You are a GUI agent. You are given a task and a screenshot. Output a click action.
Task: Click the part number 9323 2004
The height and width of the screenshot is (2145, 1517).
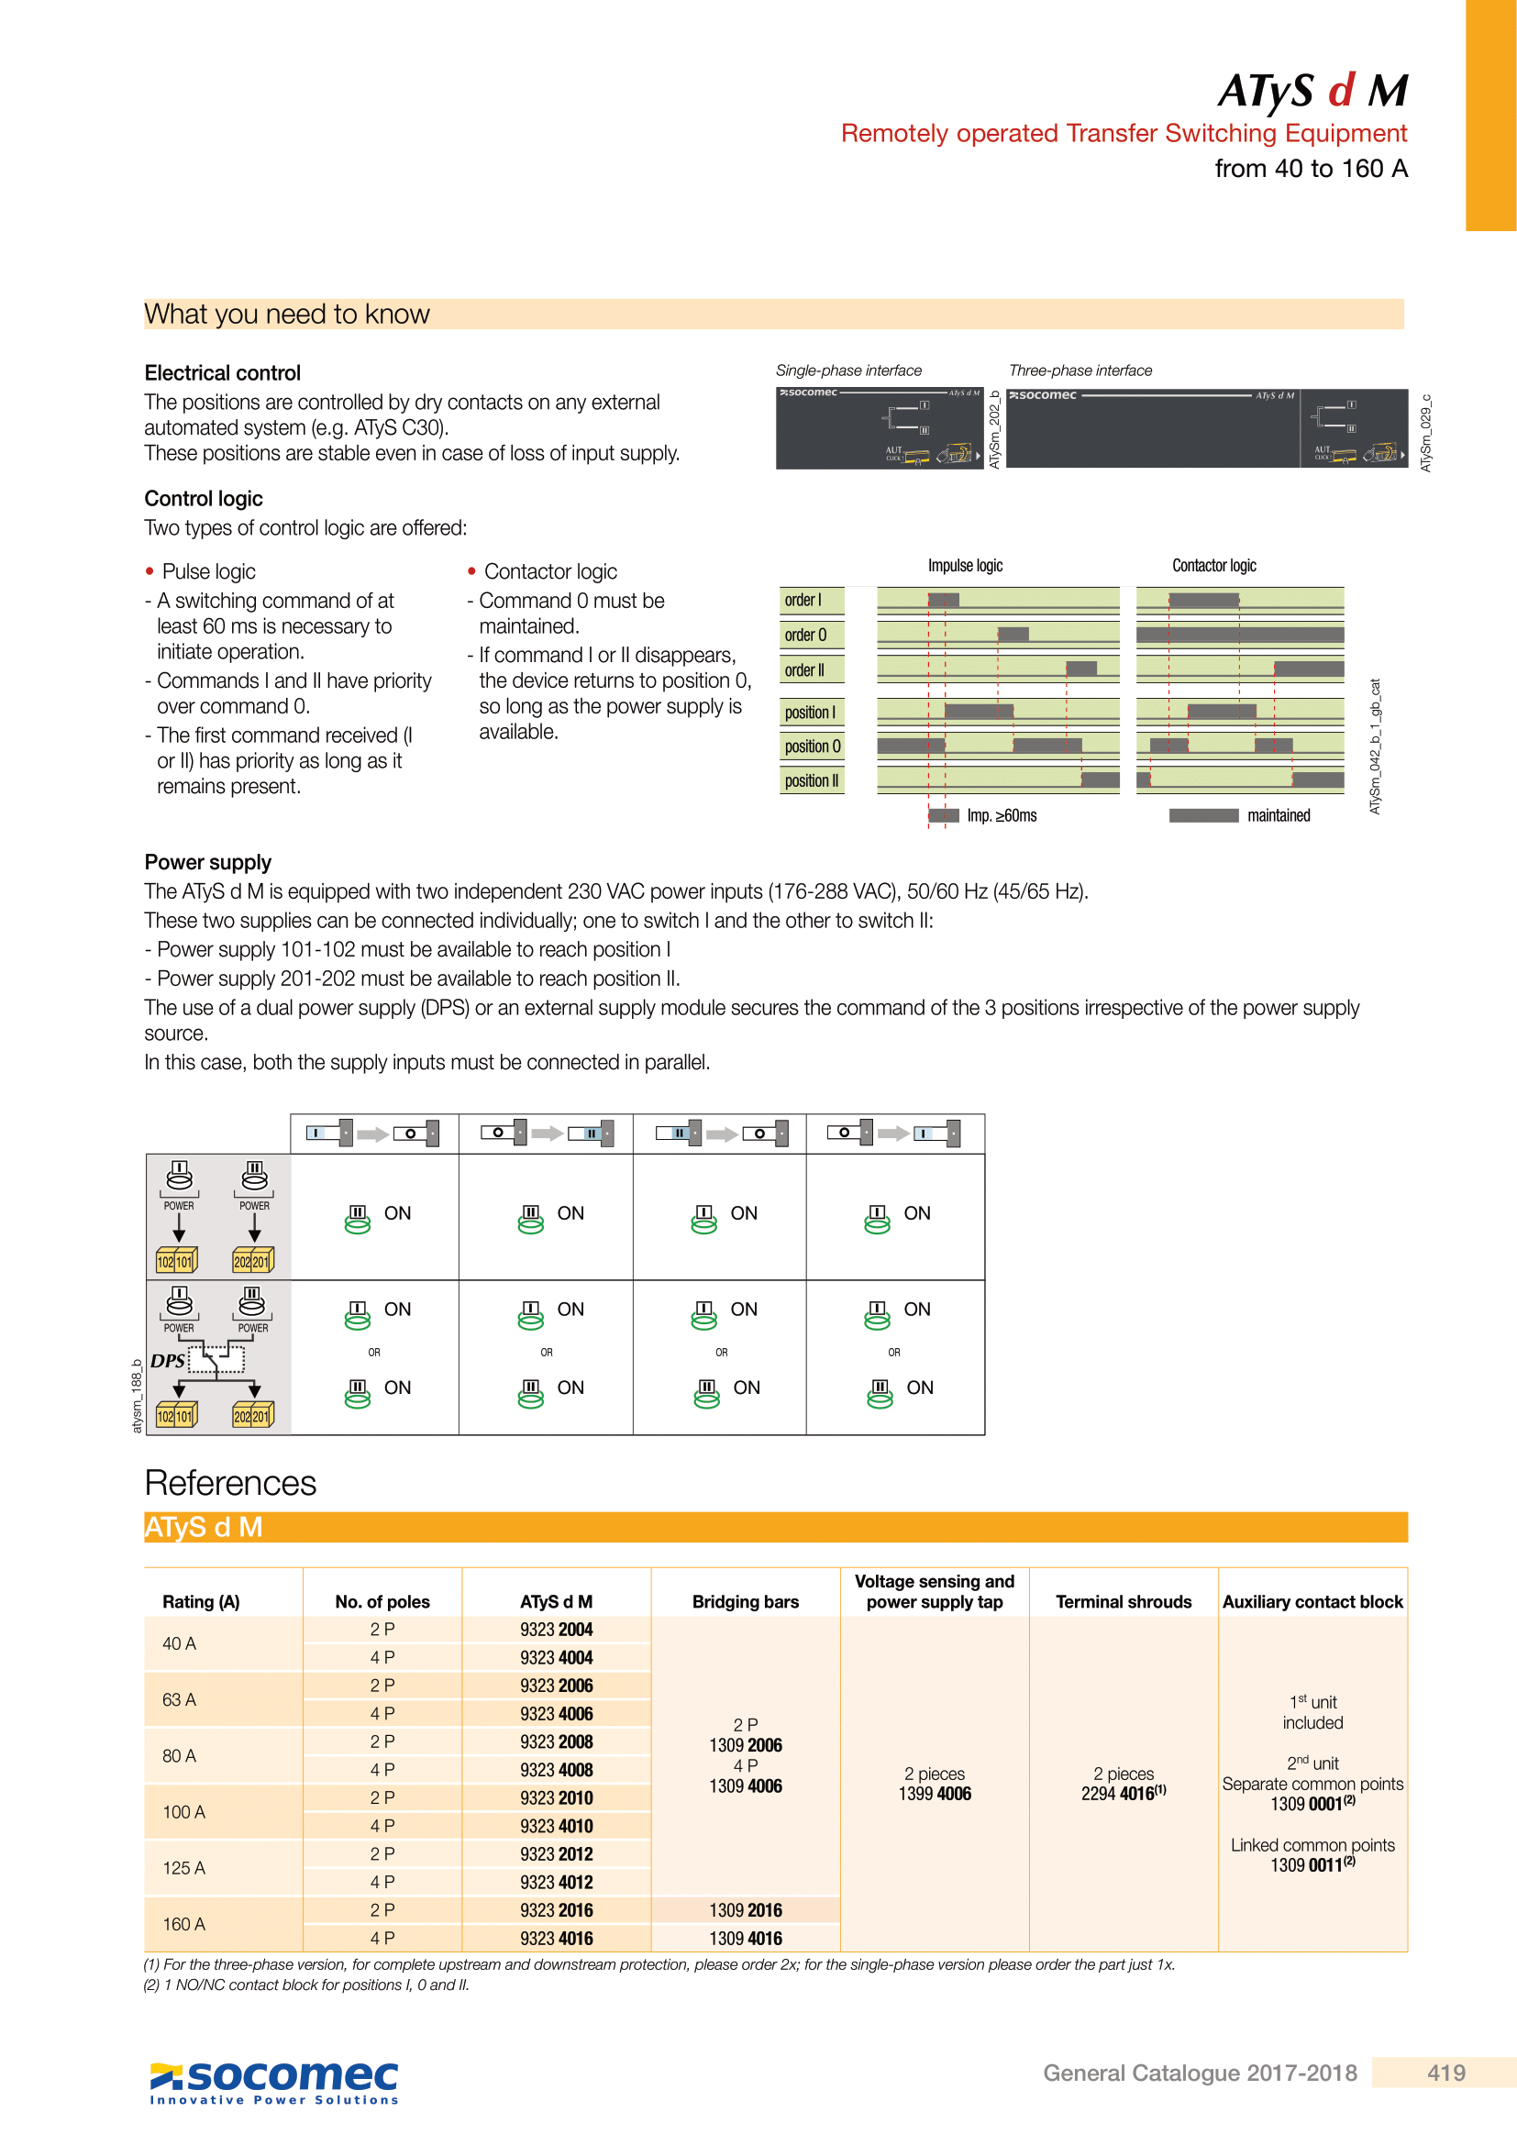pos(556,1630)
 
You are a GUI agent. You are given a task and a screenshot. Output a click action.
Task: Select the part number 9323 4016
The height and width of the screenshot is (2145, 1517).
pos(556,1939)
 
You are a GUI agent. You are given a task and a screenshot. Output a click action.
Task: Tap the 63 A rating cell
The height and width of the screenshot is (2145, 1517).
pos(180,1699)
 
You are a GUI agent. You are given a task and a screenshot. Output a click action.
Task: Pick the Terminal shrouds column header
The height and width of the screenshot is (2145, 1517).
pos(1123,1601)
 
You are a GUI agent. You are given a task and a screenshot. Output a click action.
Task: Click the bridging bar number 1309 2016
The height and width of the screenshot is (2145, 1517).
pos(746,1910)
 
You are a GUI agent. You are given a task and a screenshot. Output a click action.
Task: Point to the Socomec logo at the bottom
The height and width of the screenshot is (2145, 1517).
pos(274,2079)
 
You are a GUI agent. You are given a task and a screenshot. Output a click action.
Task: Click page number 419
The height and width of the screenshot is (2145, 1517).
pos(1445,2073)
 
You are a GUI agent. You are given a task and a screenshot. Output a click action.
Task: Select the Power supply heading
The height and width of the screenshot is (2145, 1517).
pos(207,862)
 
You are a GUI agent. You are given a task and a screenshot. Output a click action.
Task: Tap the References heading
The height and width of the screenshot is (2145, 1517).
pos(231,1483)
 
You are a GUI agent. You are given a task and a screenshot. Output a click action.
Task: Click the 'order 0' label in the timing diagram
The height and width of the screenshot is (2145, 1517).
pos(805,636)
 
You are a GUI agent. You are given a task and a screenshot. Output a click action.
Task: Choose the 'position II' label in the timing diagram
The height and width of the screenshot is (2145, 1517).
pos(811,781)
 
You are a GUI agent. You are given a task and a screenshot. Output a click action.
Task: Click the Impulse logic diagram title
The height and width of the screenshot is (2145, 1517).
pos(965,565)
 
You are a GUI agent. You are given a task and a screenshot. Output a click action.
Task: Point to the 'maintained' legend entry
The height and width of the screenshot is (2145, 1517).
pos(1278,815)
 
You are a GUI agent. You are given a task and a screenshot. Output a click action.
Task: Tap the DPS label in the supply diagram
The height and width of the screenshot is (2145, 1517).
pos(168,1361)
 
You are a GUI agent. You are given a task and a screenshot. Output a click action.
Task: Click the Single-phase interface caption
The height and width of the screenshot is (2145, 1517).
pos(848,370)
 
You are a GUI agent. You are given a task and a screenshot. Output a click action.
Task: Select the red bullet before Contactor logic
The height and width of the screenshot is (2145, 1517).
pos(471,570)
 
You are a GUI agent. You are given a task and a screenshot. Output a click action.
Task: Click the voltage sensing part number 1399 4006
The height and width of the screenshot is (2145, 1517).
pos(934,1794)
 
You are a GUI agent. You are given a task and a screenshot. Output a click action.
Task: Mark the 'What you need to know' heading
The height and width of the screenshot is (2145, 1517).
pos(287,314)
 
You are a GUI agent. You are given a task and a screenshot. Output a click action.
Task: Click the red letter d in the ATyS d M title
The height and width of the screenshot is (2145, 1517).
pos(1341,91)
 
